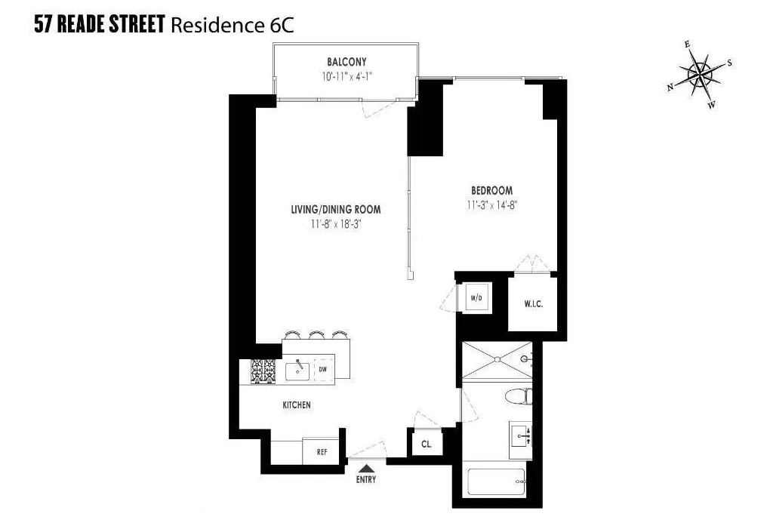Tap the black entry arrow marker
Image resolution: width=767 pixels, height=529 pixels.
pyautogui.click(x=365, y=469)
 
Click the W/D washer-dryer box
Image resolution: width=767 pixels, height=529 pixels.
pyautogui.click(x=476, y=298)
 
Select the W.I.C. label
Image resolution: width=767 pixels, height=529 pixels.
pyautogui.click(x=533, y=304)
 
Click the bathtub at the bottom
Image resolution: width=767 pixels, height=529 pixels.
pyautogui.click(x=495, y=482)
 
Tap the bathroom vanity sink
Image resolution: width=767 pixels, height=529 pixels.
pyautogui.click(x=521, y=434)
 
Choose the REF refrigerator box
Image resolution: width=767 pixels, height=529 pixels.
pyautogui.click(x=322, y=452)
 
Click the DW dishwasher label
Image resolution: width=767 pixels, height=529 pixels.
pyautogui.click(x=322, y=369)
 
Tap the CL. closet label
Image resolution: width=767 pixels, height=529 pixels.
pyautogui.click(x=427, y=444)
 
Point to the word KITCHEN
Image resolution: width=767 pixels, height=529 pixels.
pyautogui.click(x=297, y=405)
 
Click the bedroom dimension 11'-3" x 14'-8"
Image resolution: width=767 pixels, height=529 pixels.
pyautogui.click(x=491, y=204)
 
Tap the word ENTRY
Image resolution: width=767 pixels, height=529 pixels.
pyautogui.click(x=365, y=479)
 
